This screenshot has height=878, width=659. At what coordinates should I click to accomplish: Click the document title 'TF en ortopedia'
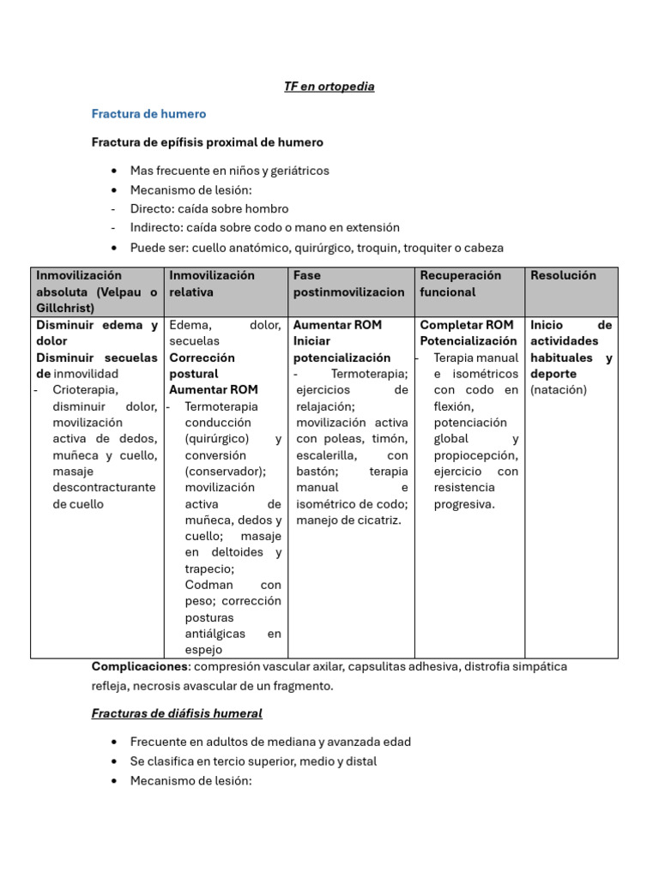click(x=329, y=87)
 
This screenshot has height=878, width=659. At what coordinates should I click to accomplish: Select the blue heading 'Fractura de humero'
click(x=148, y=113)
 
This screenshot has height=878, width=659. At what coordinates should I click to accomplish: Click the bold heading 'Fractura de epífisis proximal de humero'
click(x=207, y=142)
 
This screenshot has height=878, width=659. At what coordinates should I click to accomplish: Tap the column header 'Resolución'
click(x=563, y=275)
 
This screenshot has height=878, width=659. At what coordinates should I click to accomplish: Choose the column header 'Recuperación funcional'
click(x=460, y=284)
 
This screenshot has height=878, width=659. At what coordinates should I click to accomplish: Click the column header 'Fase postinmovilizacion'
click(x=348, y=284)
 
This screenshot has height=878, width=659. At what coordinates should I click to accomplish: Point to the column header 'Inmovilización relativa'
click(x=212, y=284)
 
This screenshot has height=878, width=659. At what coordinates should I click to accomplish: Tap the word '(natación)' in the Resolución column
click(x=559, y=390)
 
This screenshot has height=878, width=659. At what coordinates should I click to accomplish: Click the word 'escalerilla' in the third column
click(x=327, y=455)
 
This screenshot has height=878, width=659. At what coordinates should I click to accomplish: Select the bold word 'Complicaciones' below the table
click(x=139, y=666)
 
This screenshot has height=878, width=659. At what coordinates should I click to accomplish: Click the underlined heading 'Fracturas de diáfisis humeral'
click(x=177, y=713)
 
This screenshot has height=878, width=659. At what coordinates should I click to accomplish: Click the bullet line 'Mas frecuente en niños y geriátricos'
click(x=229, y=171)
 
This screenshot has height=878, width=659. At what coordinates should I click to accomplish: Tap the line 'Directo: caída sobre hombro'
click(x=209, y=208)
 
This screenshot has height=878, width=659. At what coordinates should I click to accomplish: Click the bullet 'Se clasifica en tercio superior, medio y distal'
click(x=253, y=761)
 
